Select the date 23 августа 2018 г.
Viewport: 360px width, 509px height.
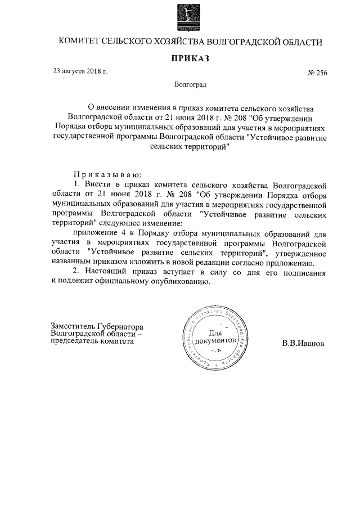click(x=79, y=71)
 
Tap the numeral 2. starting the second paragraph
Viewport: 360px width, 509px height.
click(x=78, y=272)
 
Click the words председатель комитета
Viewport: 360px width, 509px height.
click(x=92, y=342)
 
